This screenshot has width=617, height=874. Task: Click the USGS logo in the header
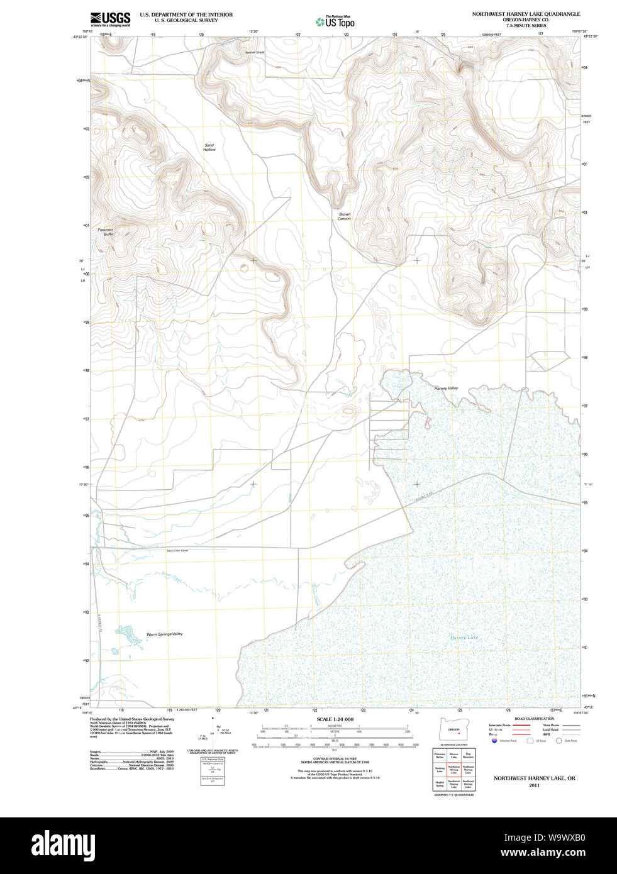(x=111, y=19)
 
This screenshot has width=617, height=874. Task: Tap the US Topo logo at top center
(x=335, y=22)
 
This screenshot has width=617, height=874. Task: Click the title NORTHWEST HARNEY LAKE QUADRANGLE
(x=526, y=14)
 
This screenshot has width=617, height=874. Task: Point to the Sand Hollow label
(x=209, y=148)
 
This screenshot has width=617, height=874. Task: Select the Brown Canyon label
(x=344, y=216)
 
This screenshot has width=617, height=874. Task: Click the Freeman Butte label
(x=105, y=232)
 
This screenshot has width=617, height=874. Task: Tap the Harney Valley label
(x=446, y=389)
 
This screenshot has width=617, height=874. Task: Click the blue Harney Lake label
(x=464, y=638)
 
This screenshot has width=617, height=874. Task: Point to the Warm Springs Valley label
(x=164, y=634)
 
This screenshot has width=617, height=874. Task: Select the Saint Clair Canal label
(x=177, y=551)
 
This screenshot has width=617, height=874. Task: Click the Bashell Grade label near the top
(x=255, y=52)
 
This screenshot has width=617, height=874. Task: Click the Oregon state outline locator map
(x=453, y=729)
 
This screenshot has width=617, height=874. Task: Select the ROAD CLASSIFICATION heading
(x=534, y=719)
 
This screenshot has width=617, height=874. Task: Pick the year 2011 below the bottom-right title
(x=534, y=785)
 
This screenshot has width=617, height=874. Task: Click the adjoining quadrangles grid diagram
(x=453, y=770)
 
